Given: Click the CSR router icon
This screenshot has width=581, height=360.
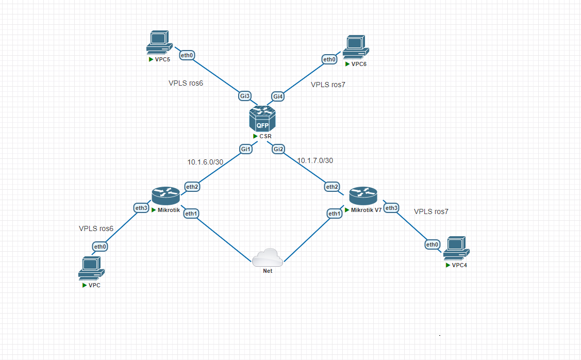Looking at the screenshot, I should pyautogui.click(x=262, y=119).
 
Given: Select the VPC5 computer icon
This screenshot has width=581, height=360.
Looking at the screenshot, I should pyautogui.click(x=158, y=43).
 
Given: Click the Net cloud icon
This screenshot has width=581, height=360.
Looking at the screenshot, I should pyautogui.click(x=268, y=256).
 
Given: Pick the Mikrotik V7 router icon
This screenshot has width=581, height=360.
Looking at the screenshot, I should pyautogui.click(x=363, y=197).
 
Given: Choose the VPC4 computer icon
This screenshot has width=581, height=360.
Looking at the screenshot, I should pyautogui.click(x=456, y=248).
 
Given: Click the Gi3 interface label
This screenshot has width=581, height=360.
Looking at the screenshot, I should pyautogui.click(x=245, y=96).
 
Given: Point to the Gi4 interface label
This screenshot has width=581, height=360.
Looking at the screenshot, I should pyautogui.click(x=278, y=96).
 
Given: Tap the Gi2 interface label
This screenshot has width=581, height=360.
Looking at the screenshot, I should pyautogui.click(x=279, y=149).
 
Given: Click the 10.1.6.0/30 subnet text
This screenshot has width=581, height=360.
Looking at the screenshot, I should pyautogui.click(x=205, y=162).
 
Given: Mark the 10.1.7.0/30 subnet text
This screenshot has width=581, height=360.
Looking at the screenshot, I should pyautogui.click(x=315, y=160).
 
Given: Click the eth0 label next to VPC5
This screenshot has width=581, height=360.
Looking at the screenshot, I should pyautogui.click(x=187, y=55).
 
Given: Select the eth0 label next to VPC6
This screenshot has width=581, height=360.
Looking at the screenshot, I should pyautogui.click(x=329, y=59).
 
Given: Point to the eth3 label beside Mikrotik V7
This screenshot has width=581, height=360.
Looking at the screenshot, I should pyautogui.click(x=392, y=208).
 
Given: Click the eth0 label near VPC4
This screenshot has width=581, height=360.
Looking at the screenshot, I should pyautogui.click(x=432, y=244).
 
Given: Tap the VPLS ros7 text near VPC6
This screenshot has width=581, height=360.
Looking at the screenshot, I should pyautogui.click(x=328, y=85).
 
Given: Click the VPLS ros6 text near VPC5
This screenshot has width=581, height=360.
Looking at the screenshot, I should pyautogui.click(x=186, y=83).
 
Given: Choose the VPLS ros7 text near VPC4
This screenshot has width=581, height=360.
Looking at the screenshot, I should pyautogui.click(x=431, y=211).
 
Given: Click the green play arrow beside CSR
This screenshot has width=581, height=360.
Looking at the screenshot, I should pyautogui.click(x=255, y=136).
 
